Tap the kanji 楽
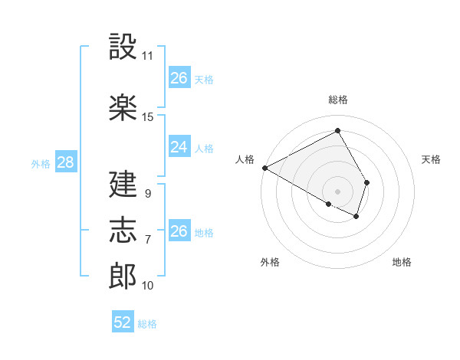tap(123, 107)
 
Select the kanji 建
tap(123, 184)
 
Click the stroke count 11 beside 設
tap(148, 56)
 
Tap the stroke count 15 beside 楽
tap(148, 117)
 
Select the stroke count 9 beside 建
tap(147, 194)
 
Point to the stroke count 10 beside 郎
tap(148, 286)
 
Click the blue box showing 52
tap(123, 322)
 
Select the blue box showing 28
tap(64, 162)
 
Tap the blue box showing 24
tap(179, 147)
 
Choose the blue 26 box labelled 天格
tap(179, 78)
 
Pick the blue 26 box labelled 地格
tap(179, 231)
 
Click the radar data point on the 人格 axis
tap(264, 168)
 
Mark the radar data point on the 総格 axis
tap(337, 130)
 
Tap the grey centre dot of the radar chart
tap(337, 191)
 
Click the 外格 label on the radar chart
tap(270, 263)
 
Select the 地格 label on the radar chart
tap(402, 263)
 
